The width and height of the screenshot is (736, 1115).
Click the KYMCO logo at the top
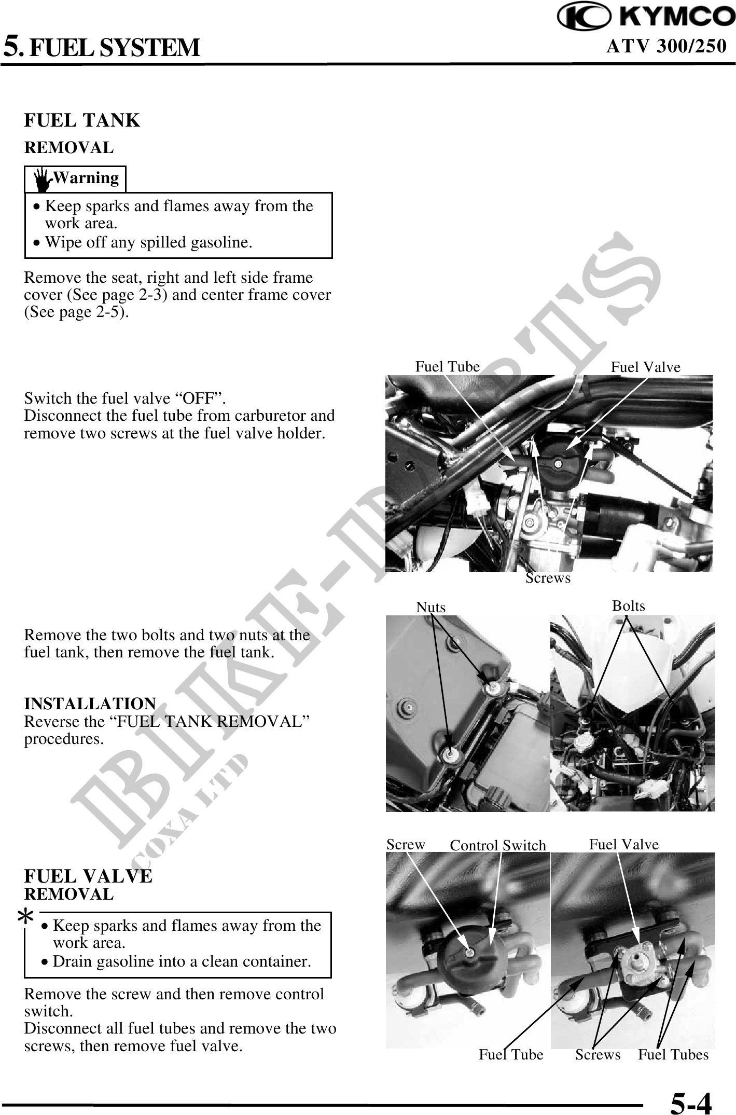point(646,18)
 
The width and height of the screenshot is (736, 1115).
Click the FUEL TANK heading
point(82,120)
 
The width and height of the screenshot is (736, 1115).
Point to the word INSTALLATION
point(90,704)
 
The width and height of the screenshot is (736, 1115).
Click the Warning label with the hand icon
point(76,178)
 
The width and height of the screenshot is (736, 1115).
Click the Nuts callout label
point(431,607)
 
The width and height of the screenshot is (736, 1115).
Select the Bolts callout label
point(629,605)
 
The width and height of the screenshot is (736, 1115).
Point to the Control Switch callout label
point(498,845)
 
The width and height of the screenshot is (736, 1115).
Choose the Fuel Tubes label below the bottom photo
point(673,1054)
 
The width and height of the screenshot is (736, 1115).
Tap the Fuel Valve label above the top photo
point(645,367)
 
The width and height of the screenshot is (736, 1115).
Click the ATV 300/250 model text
point(666,47)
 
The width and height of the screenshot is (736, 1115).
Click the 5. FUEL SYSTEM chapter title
point(102,46)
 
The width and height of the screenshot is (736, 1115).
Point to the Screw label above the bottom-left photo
point(406,844)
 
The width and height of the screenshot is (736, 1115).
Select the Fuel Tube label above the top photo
point(448,367)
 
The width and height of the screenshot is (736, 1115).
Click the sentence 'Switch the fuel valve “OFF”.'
point(125,398)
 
